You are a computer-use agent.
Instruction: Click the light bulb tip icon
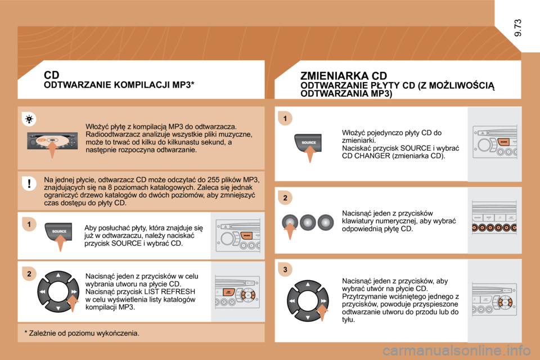pos(30,119)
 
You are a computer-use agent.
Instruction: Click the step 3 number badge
pos(285,270)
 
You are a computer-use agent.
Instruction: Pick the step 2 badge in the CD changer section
pos(285,198)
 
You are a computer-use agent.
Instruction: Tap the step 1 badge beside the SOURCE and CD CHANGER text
pos(285,118)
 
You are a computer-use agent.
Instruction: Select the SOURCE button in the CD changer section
pos(308,143)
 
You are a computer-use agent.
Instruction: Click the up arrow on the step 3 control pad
pos(308,285)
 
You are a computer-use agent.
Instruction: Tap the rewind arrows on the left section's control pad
pos(42,292)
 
